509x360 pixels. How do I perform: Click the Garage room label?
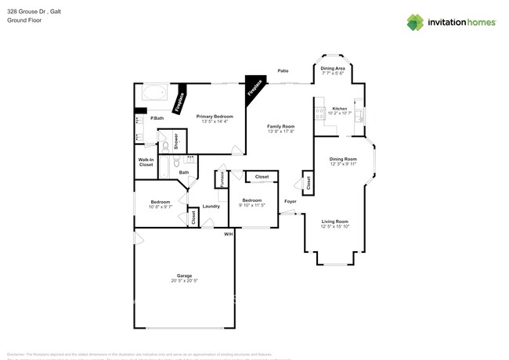tap(185, 275)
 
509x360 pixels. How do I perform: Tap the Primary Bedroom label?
tap(214, 116)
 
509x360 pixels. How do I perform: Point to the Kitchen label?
tap(339, 108)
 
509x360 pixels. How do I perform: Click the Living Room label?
tap(336, 221)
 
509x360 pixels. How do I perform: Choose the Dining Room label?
tap(343, 159)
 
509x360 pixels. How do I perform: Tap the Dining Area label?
tap(334, 68)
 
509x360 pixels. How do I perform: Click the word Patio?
tap(282, 71)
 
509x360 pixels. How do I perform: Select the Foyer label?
tap(290, 201)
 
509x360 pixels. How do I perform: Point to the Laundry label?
tap(211, 206)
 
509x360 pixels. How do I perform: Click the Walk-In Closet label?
tap(146, 162)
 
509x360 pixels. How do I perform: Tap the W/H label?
tap(228, 234)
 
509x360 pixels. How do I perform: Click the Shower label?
tap(176, 142)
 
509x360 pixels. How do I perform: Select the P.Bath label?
tap(157, 118)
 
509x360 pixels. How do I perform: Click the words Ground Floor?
tap(24, 20)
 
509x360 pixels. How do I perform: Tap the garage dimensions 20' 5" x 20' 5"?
tap(185, 280)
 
